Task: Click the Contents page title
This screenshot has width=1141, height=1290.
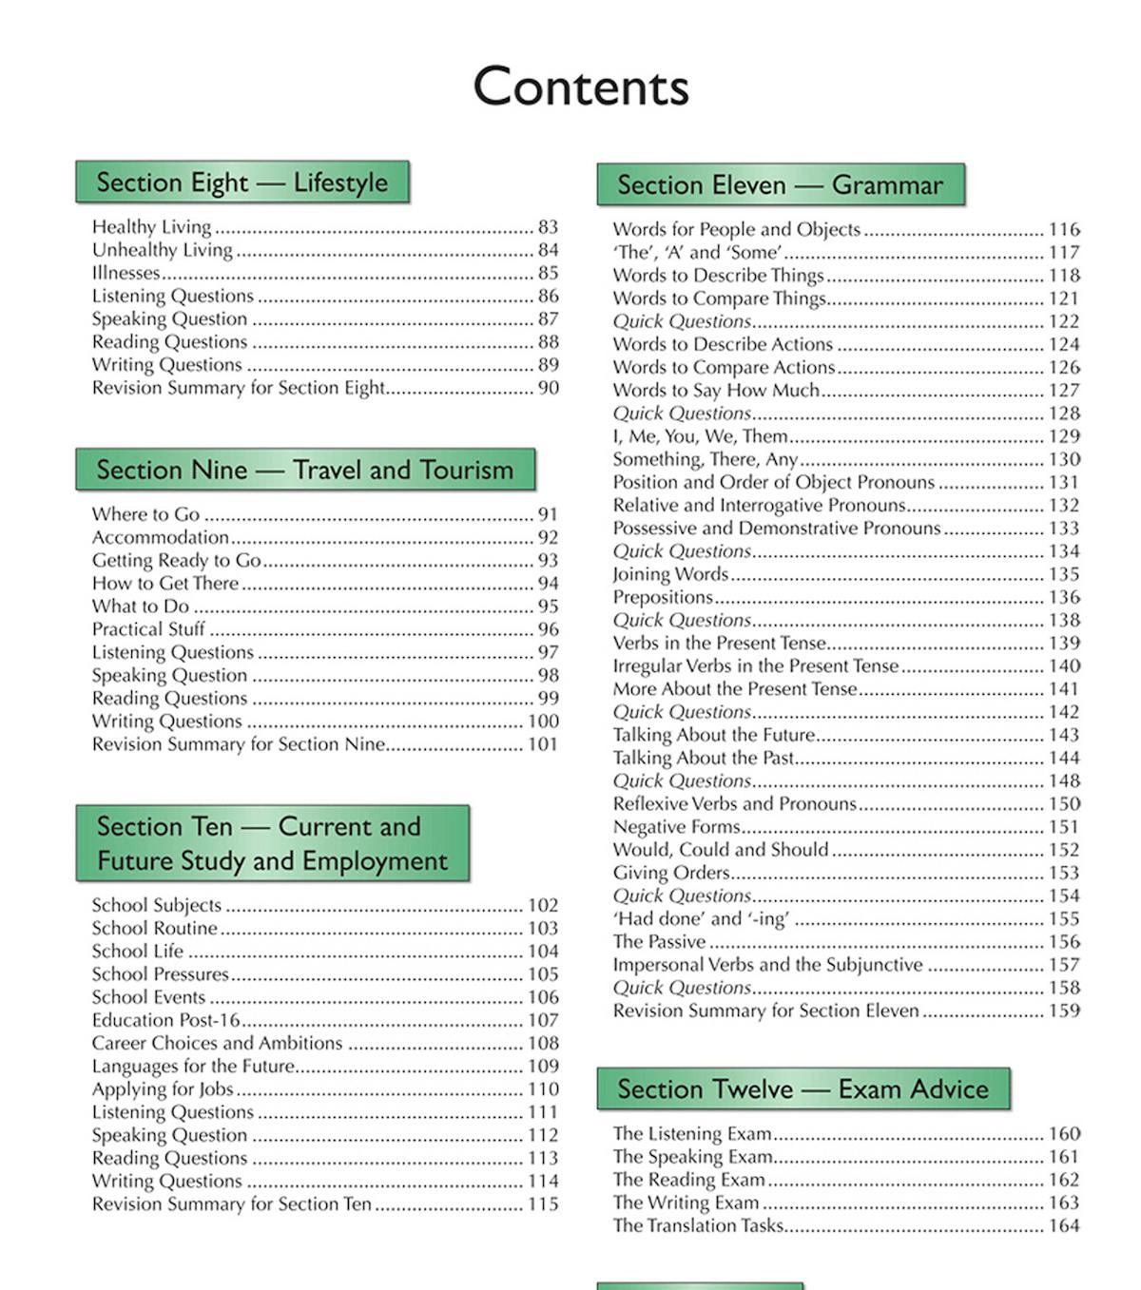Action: click(581, 87)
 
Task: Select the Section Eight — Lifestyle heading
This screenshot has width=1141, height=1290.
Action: click(242, 182)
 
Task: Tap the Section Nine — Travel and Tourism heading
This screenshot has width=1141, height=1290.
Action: click(304, 470)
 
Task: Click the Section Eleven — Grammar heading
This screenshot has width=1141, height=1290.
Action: click(780, 184)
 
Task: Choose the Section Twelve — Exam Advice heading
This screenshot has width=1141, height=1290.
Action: click(803, 1088)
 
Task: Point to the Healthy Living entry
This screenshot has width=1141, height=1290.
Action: click(151, 226)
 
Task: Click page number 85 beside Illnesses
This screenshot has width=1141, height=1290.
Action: click(548, 273)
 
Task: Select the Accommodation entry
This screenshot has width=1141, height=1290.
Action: click(160, 537)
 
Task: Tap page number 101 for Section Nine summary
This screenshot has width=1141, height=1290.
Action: click(543, 744)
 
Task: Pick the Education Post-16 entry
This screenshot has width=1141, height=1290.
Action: click(165, 1020)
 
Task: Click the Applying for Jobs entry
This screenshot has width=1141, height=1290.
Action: click(163, 1089)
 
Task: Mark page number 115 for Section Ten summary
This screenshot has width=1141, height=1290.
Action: click(543, 1204)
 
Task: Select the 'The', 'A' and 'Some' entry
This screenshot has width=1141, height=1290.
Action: click(697, 252)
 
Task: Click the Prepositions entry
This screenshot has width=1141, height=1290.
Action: click(663, 597)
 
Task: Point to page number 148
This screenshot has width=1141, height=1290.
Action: click(1064, 780)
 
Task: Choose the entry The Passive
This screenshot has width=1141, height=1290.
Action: click(659, 942)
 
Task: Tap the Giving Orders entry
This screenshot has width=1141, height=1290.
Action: click(671, 873)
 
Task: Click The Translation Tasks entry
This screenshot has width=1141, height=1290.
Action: click(698, 1225)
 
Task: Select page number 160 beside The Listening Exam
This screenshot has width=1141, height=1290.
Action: click(1064, 1133)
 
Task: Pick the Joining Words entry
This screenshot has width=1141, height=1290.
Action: click(670, 574)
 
